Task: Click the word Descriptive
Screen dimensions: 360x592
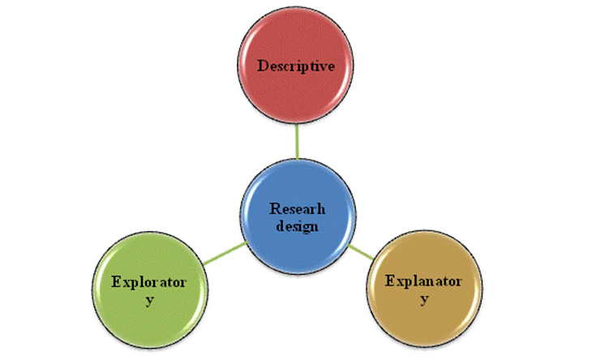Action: (x=296, y=66)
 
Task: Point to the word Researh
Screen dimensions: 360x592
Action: (x=296, y=208)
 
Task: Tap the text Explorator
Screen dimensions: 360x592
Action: (x=149, y=283)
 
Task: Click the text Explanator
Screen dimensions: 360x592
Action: (x=424, y=281)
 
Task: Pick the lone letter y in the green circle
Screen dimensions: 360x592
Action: (x=149, y=302)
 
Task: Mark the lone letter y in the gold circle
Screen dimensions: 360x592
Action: (x=424, y=301)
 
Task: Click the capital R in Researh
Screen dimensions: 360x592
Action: (x=273, y=208)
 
